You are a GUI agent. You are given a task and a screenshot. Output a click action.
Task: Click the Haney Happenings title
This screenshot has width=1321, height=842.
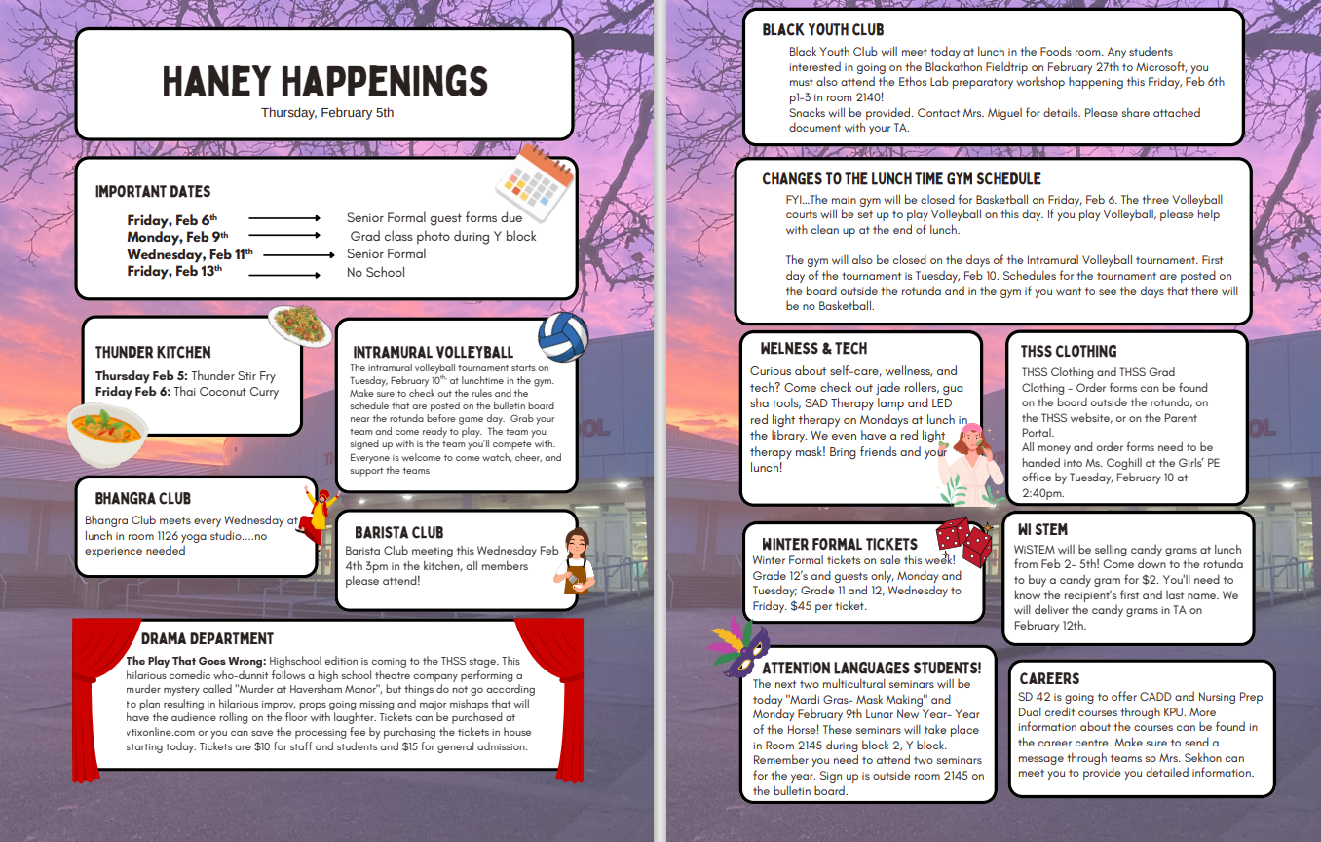pos(324,82)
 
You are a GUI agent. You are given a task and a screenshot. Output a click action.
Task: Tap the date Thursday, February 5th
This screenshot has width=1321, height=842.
pos(327,113)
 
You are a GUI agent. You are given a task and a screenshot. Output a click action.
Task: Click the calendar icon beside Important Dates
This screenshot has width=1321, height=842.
pos(533,184)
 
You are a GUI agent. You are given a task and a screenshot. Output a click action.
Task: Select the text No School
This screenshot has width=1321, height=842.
pos(376,273)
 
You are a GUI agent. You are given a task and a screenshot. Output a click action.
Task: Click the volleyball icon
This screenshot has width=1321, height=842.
pos(563,337)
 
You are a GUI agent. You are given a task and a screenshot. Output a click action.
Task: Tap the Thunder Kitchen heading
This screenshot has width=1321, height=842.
pos(153,352)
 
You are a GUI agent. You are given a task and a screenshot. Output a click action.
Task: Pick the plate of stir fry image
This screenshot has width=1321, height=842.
pos(300,323)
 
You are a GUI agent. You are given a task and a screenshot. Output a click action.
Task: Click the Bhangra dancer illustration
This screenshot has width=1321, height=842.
pos(317,515)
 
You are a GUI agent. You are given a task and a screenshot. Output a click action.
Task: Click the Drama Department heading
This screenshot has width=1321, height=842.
pos(208,639)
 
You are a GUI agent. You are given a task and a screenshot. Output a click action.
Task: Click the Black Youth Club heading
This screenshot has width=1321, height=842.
pos(823,30)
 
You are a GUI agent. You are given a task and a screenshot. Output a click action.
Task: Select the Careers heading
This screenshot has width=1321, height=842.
pos(1049,678)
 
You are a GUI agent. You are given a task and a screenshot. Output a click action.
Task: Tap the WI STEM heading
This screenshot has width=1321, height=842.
pos(1042,529)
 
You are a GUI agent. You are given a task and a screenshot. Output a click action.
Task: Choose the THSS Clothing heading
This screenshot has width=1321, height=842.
pos(1069,351)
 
